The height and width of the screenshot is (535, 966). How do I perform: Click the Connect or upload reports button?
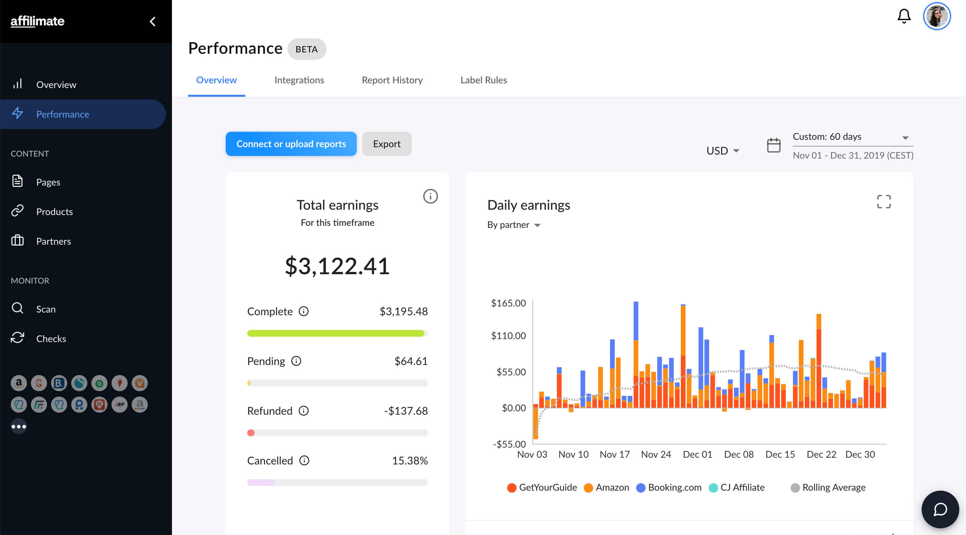coord(291,144)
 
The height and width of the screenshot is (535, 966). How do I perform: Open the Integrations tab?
coord(299,80)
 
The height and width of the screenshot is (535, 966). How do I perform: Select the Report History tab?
coord(392,80)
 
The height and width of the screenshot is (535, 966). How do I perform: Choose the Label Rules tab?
coord(483,80)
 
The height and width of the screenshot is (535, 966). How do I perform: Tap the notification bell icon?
coord(904,16)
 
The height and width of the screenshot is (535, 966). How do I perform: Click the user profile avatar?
coord(936,16)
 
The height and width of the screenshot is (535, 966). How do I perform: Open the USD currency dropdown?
coord(722,151)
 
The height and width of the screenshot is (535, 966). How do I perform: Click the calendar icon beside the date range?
coord(773,145)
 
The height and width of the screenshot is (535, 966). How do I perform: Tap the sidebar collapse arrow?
coord(152,22)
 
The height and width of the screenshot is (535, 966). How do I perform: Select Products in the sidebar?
coord(54,212)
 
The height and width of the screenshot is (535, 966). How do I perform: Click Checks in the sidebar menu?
coord(51,339)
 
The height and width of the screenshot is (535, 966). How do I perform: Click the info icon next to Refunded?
coord(303,411)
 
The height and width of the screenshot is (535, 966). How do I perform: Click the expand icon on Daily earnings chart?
coord(883,202)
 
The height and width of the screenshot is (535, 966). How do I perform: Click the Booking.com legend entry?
coord(669,487)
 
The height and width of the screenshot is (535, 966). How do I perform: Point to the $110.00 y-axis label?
coord(508,336)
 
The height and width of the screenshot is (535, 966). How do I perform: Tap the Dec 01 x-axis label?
coord(697,454)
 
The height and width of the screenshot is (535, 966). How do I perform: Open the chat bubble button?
coord(940,509)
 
